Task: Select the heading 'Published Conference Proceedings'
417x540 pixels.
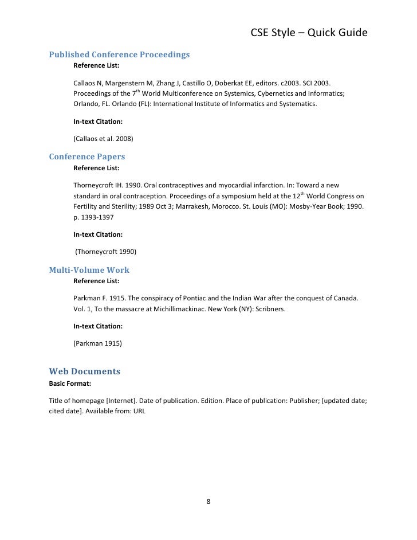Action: tap(119, 55)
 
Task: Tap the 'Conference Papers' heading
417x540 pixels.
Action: tap(87, 156)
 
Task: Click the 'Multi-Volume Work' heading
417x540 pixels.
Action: tap(89, 269)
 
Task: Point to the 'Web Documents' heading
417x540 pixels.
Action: tap(85, 371)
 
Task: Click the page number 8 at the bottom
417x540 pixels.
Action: tap(208, 503)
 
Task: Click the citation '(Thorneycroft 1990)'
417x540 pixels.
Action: tap(106, 252)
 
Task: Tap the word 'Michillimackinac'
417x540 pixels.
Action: tap(175, 310)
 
